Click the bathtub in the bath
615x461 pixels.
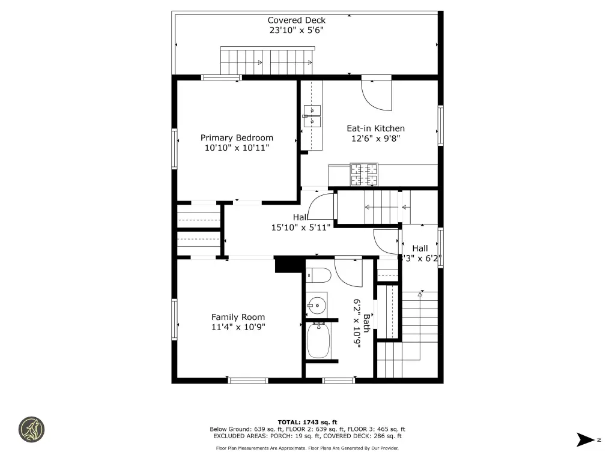pyautogui.click(x=318, y=340)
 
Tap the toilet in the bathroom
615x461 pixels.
pyautogui.click(x=318, y=275)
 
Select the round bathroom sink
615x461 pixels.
pyautogui.click(x=317, y=305)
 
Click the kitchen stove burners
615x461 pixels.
pyautogui.click(x=364, y=175)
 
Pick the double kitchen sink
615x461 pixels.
pyautogui.click(x=312, y=116)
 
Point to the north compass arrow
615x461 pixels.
pyautogui.click(x=585, y=440)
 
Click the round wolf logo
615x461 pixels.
pyautogui.click(x=32, y=430)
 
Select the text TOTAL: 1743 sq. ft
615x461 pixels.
pyautogui.click(x=307, y=422)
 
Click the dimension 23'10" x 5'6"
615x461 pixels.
pyautogui.click(x=297, y=30)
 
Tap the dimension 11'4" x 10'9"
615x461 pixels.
pyautogui.click(x=238, y=327)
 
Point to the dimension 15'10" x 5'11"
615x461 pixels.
pyautogui.click(x=301, y=227)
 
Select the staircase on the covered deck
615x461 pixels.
pyautogui.click(x=267, y=61)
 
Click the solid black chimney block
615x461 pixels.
pyautogui.click(x=289, y=265)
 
